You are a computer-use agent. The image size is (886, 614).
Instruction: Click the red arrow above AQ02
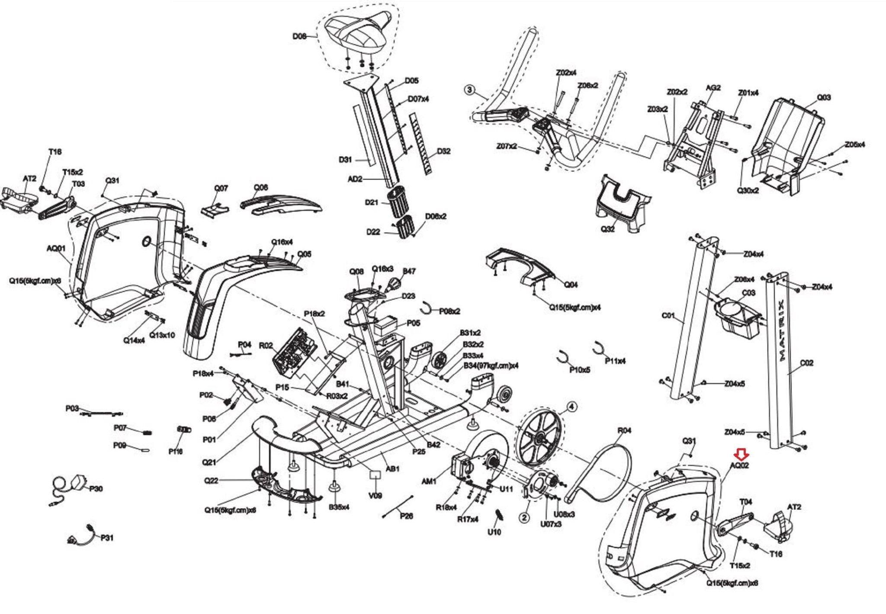[742, 454]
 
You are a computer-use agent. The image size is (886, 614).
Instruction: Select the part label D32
[443, 151]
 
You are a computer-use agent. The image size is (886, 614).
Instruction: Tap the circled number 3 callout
[469, 90]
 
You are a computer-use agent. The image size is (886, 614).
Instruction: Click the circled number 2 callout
[524, 517]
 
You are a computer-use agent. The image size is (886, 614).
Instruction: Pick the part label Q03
[823, 97]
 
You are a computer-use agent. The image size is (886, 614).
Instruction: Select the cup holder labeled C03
[738, 318]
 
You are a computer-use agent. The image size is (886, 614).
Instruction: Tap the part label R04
[624, 430]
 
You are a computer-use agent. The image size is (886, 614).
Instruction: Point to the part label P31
[107, 538]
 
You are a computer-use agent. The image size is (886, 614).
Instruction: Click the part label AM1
[429, 481]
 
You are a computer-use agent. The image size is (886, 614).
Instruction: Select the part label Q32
[607, 229]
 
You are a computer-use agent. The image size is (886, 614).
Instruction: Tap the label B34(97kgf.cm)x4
[491, 366]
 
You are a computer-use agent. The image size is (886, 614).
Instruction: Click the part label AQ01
[56, 249]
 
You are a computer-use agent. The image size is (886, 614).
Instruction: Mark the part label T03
[78, 184]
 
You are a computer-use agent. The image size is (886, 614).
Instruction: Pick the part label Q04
[571, 284]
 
